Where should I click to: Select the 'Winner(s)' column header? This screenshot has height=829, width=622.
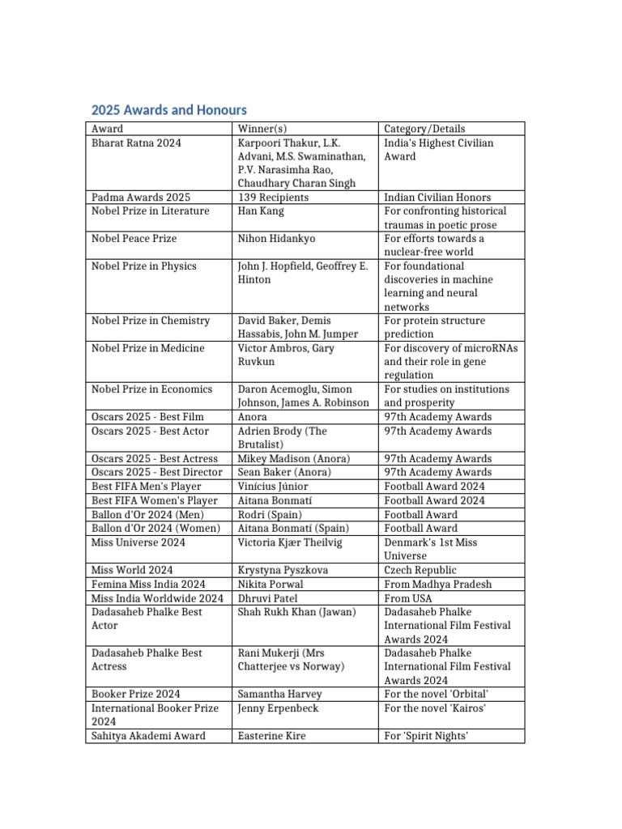pyautogui.click(x=262, y=129)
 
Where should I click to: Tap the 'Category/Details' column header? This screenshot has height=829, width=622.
pyautogui.click(x=424, y=129)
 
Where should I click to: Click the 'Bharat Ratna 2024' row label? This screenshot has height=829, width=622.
pyautogui.click(x=137, y=143)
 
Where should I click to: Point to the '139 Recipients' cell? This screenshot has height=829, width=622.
pyautogui.click(x=273, y=198)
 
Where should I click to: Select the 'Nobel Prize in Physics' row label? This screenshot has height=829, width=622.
pyautogui.click(x=144, y=266)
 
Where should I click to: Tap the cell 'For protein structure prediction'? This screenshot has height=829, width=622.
pyautogui.click(x=438, y=327)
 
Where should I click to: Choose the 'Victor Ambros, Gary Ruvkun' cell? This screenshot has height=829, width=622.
pyautogui.click(x=286, y=355)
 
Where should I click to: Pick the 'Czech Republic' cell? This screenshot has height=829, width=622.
pyautogui.click(x=420, y=570)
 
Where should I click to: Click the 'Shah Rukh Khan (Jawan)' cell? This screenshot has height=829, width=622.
pyautogui.click(x=296, y=612)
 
